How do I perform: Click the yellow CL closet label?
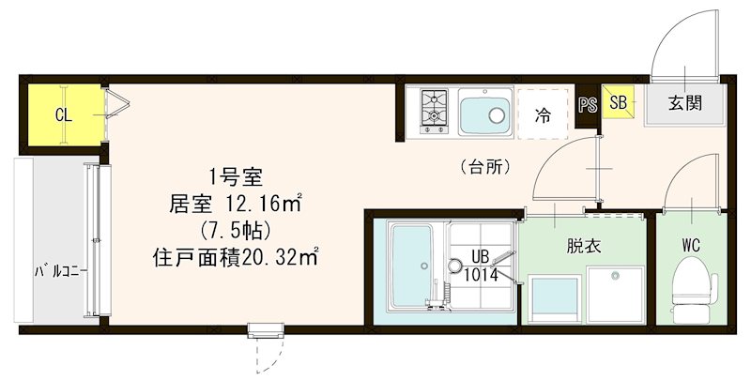pos(63,115)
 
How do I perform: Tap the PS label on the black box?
pos(588,105)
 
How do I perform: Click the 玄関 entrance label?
pos(685,103)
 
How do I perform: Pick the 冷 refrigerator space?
pos(543,115)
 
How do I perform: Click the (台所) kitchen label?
pos(485,168)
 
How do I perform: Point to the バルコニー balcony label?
pos(61,271)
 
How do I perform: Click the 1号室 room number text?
pos(240,175)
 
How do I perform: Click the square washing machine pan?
pos(614,293)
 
